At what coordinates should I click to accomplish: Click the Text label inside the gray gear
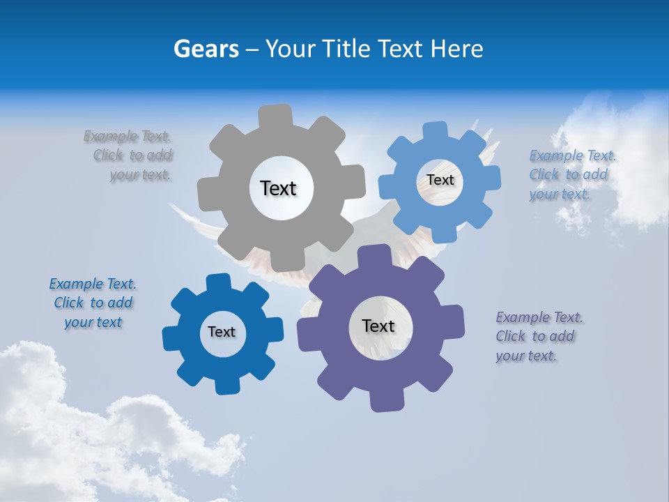(278, 188)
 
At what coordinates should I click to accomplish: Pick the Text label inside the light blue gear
(440, 180)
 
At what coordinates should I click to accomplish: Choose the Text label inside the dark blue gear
(222, 333)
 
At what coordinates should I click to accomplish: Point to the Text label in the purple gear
(378, 326)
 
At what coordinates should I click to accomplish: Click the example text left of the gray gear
(130, 155)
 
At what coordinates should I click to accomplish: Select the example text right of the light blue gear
(571, 174)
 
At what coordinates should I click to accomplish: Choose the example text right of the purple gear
(538, 336)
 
